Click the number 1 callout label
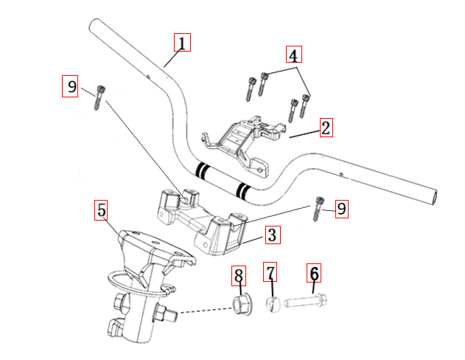182,41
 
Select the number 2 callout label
326,127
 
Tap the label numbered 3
272,235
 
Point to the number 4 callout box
293,55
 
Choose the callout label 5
102,210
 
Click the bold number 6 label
315,274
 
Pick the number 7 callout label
271,274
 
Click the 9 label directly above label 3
341,209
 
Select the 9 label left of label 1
71,86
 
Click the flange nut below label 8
240,304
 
